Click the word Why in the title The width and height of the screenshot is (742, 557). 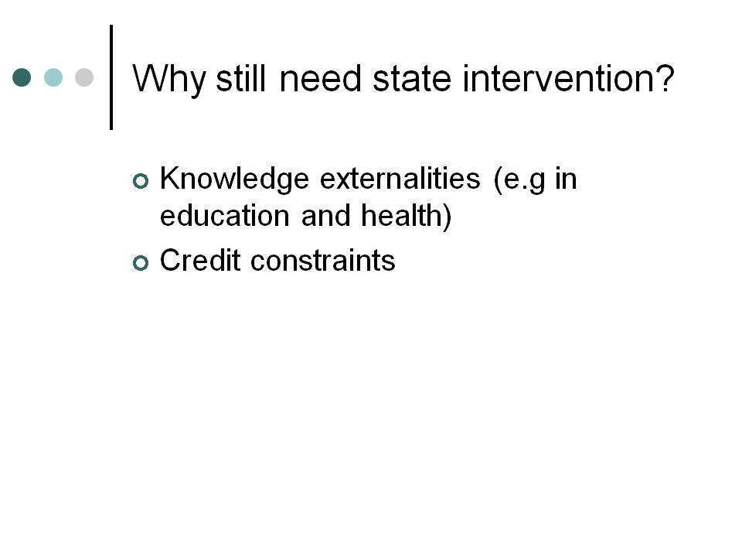(x=169, y=80)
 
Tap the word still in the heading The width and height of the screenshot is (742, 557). (x=240, y=78)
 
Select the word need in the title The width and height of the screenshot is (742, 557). (x=320, y=78)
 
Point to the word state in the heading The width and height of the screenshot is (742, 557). (x=412, y=79)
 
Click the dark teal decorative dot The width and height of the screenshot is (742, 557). (x=22, y=77)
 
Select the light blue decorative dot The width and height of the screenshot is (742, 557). (x=53, y=77)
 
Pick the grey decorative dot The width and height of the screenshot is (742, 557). (x=84, y=77)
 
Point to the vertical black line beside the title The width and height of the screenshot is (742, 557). (x=111, y=77)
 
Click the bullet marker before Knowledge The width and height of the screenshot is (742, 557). (x=141, y=181)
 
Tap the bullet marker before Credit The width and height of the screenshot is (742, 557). (x=141, y=263)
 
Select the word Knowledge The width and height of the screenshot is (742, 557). (x=234, y=179)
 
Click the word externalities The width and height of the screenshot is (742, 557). (x=400, y=179)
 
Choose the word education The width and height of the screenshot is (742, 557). (x=225, y=216)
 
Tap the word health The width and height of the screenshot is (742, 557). (x=401, y=216)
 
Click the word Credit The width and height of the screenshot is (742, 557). (x=200, y=260)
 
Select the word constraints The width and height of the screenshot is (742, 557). (x=323, y=261)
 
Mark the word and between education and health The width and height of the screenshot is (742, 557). (x=325, y=216)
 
